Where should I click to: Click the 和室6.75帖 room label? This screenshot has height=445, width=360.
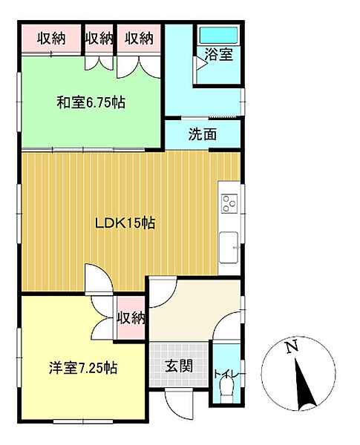(x=90, y=102)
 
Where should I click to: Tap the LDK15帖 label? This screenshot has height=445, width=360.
(x=123, y=222)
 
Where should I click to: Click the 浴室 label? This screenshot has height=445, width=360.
(x=219, y=54)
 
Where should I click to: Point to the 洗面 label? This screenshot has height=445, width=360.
(x=202, y=135)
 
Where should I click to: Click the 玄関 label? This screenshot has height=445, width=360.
(x=179, y=366)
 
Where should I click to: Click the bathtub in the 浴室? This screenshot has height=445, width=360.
(x=217, y=35)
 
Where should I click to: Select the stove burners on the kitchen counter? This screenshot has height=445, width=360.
(x=229, y=202)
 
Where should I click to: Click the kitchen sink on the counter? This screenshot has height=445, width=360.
(x=229, y=244)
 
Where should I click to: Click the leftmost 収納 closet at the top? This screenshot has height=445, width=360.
(x=50, y=38)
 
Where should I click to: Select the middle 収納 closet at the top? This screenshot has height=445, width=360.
(x=99, y=38)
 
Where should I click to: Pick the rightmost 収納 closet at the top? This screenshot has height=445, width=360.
(x=139, y=38)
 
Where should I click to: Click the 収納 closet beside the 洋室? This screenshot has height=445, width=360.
(x=130, y=319)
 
